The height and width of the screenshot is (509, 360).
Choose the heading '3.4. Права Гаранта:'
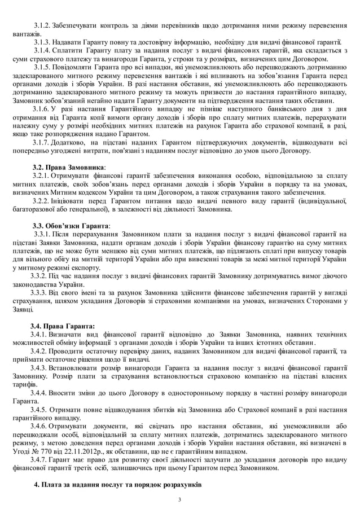[63, 326]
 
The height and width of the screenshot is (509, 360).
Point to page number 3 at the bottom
[179, 500]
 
